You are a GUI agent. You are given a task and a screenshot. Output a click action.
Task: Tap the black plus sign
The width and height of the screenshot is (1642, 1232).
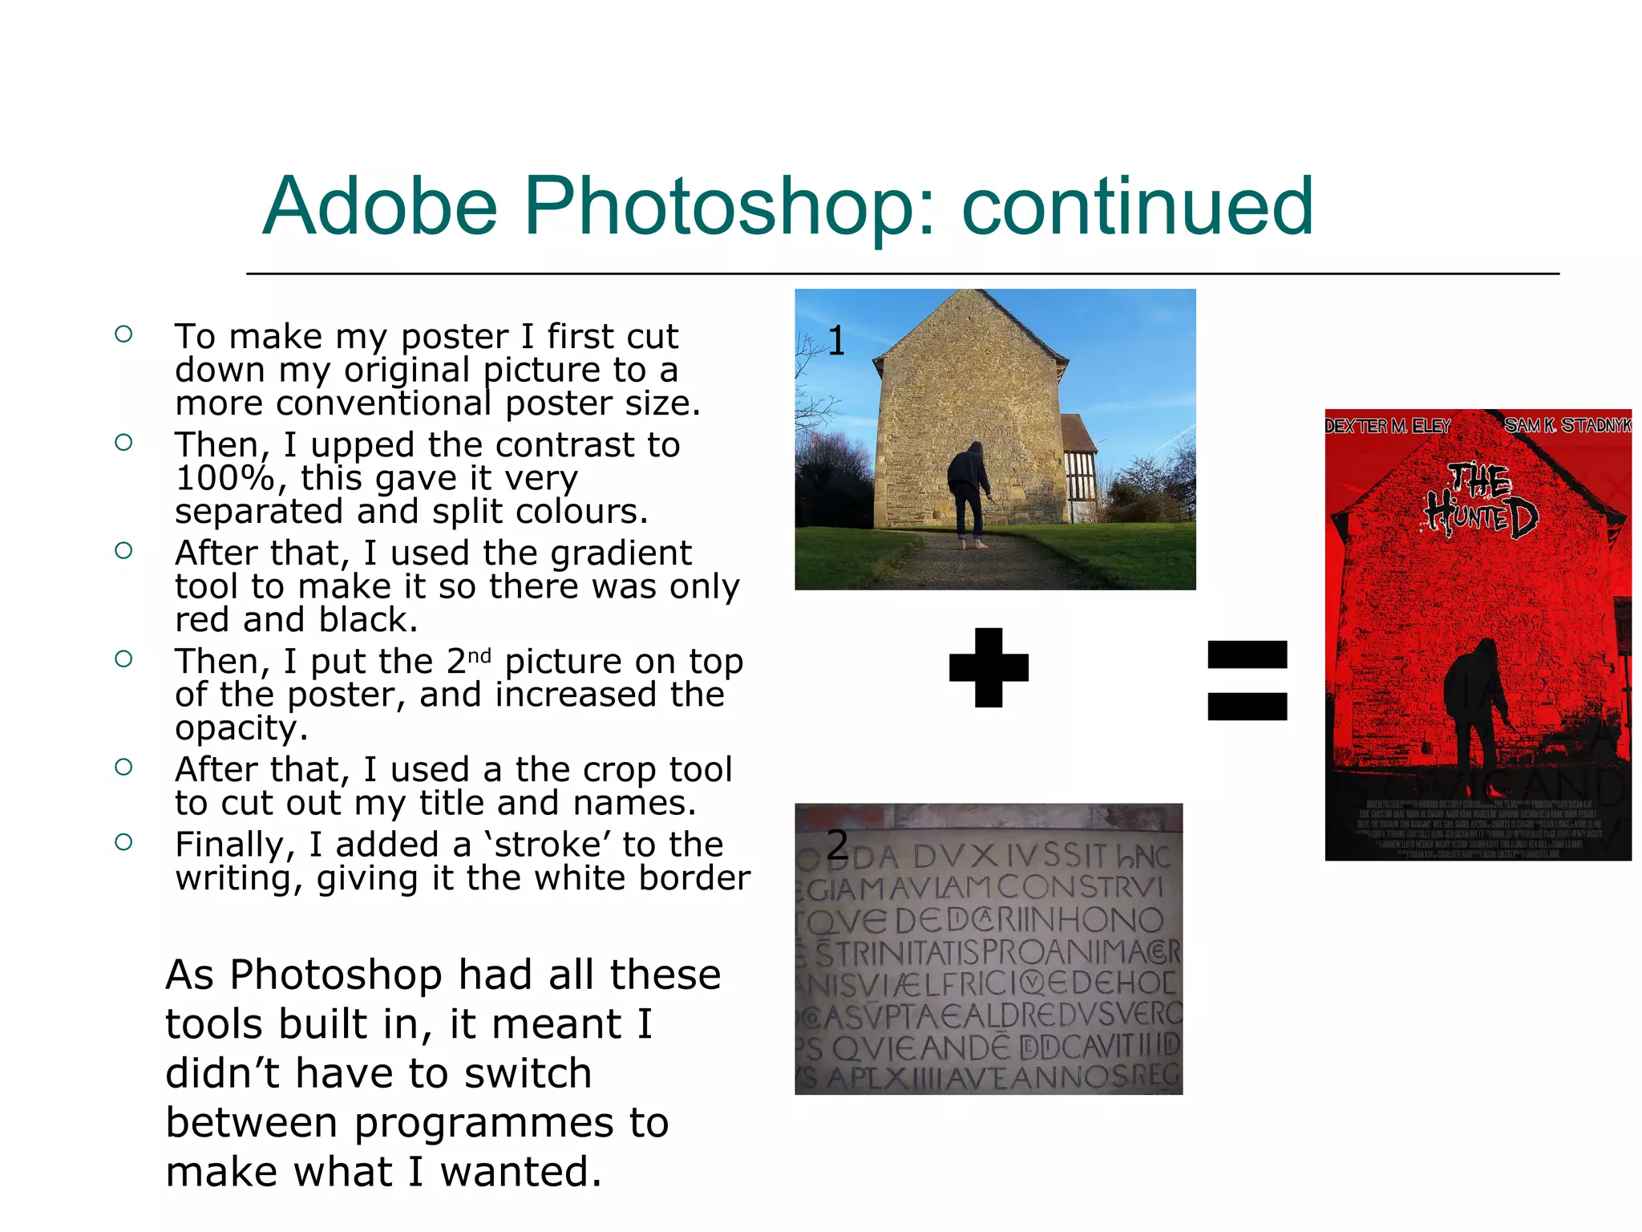[x=989, y=667]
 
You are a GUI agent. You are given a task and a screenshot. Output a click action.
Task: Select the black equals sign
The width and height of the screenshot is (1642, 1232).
[x=1247, y=680]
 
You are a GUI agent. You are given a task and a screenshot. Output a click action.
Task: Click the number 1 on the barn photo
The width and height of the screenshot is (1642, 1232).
[x=836, y=342]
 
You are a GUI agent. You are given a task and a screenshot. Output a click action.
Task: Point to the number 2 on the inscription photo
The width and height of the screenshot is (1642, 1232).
[x=837, y=845]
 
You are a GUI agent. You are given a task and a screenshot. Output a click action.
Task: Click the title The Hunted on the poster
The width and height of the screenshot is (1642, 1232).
[x=1482, y=501]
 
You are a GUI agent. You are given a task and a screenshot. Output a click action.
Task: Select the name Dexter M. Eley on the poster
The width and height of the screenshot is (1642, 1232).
[x=1387, y=426]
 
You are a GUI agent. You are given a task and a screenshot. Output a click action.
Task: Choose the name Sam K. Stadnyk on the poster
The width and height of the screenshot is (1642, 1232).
[x=1567, y=425]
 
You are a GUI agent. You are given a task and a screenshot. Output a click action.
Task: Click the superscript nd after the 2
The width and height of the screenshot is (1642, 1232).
[x=479, y=655]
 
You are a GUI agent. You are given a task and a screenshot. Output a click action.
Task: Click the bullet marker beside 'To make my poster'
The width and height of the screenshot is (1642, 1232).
[x=123, y=334]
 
